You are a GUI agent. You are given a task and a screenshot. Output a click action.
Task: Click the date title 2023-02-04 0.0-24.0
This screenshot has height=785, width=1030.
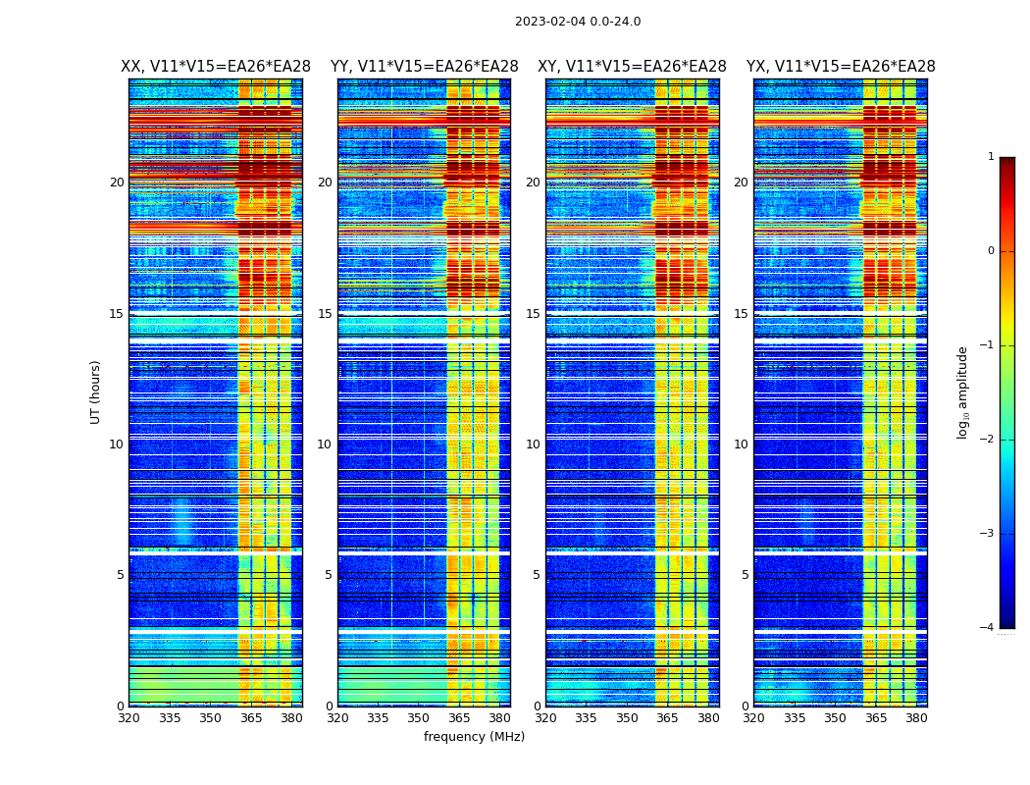pos(578,22)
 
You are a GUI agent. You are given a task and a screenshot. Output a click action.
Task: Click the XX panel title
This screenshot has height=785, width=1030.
pos(216,67)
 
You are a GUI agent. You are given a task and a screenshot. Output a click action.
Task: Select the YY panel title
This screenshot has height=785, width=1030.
pos(424,67)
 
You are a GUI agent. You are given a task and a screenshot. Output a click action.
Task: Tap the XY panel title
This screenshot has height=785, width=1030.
pos(632,67)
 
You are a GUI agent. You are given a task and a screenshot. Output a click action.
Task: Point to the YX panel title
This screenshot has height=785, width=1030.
pos(841,67)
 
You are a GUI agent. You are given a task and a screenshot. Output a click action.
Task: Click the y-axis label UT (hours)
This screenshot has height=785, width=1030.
pos(96,392)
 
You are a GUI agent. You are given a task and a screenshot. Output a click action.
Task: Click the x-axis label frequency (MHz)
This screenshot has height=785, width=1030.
pos(474,737)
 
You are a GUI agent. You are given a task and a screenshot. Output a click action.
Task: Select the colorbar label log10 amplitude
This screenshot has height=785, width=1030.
pos(963,392)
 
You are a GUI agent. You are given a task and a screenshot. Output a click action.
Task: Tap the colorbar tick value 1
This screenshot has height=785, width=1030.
pos(991,157)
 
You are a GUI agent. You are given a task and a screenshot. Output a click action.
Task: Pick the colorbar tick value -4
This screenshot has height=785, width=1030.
pos(989,628)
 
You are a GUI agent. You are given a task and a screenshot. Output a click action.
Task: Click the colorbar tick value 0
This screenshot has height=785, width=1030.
pos(991,251)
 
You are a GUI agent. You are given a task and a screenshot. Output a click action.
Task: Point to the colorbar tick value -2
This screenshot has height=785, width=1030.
pos(989,440)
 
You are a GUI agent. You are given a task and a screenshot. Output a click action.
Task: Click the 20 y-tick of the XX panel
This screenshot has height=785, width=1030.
pos(117,183)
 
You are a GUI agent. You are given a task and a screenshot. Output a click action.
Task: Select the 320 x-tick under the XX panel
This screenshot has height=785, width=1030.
pos(129,717)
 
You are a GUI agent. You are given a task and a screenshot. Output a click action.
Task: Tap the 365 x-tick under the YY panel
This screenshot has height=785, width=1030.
pos(459,717)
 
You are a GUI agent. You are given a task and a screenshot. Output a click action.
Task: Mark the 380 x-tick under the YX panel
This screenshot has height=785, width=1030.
pos(916,717)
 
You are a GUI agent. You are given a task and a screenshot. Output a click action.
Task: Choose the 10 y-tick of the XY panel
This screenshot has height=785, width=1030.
pos(533,445)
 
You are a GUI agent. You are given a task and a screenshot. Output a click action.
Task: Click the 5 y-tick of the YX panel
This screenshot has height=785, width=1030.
pos(745,575)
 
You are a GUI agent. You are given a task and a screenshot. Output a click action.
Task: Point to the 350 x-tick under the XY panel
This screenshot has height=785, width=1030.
pos(627,717)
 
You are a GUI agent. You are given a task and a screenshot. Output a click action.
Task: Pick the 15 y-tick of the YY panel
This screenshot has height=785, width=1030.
pos(325,314)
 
